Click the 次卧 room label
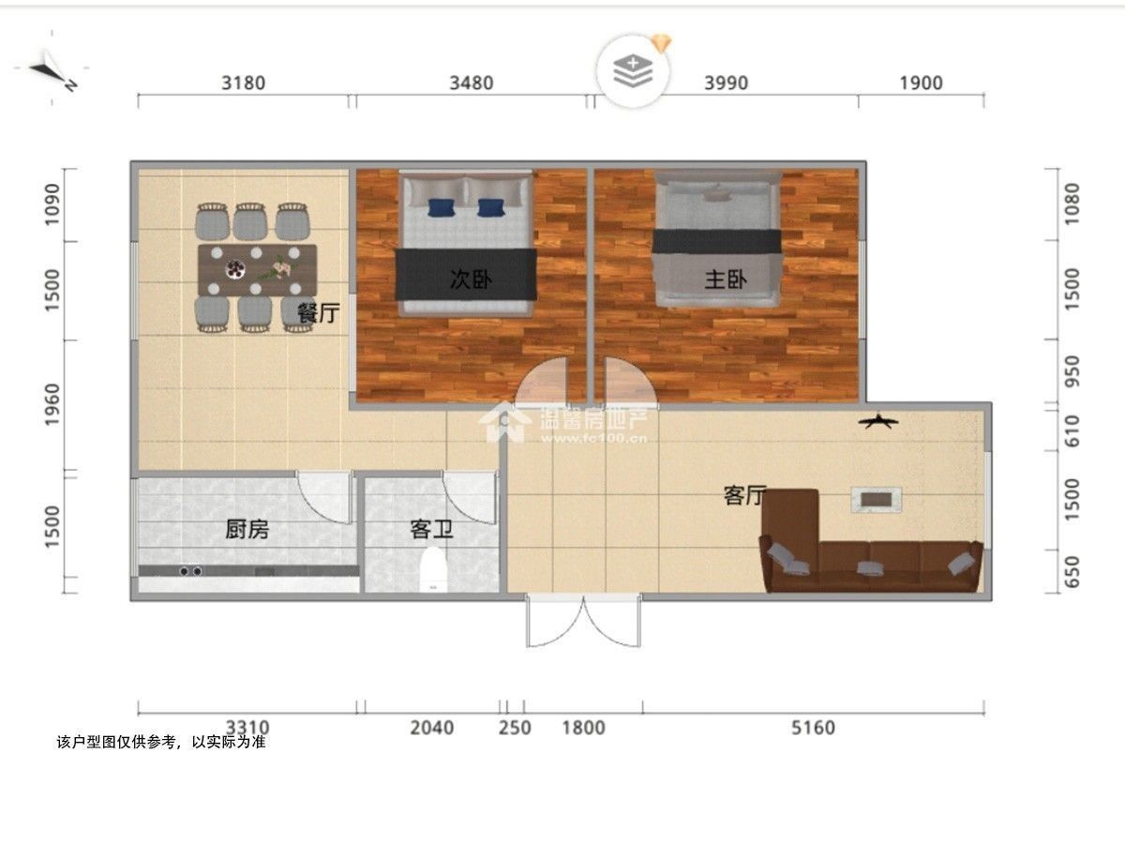tap(471, 279)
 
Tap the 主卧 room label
tap(726, 279)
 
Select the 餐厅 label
tap(319, 312)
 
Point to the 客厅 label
tap(744, 495)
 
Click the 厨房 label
tap(247, 529)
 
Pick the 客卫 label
tap(431, 529)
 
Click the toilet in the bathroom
tap(433, 570)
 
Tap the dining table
tap(257, 270)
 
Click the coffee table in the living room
tap(877, 499)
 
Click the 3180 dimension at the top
tap(243, 83)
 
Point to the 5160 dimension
tap(813, 728)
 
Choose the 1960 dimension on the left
tap(52, 405)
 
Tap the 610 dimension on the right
tap(1072, 431)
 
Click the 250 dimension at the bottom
tap(515, 728)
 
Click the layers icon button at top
tap(633, 70)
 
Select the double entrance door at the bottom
tap(583, 620)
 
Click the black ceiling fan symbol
tap(878, 422)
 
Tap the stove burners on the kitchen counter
tap(190, 571)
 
